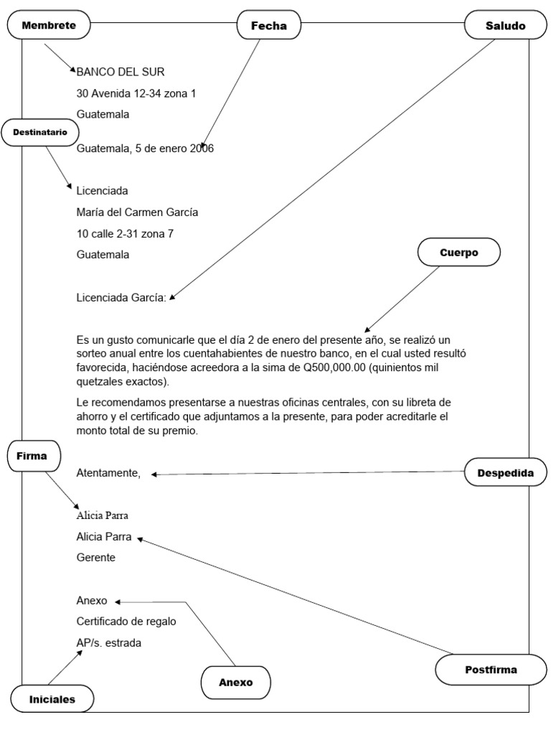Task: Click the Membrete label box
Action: point(48,26)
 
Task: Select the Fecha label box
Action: point(268,26)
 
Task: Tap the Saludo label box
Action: point(505,26)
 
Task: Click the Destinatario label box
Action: point(39,132)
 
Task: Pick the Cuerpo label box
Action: point(458,253)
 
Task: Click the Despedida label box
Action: point(504,473)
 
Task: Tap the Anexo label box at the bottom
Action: point(235,682)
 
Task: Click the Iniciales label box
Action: point(52,698)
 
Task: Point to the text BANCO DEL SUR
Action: point(121,71)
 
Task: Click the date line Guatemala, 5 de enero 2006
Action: point(145,149)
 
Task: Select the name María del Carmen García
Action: point(137,212)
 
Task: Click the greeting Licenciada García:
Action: point(121,297)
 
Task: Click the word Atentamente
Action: point(108,473)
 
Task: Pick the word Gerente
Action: point(95,558)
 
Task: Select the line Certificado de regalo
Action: point(126,622)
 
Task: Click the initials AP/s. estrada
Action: point(109,642)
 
